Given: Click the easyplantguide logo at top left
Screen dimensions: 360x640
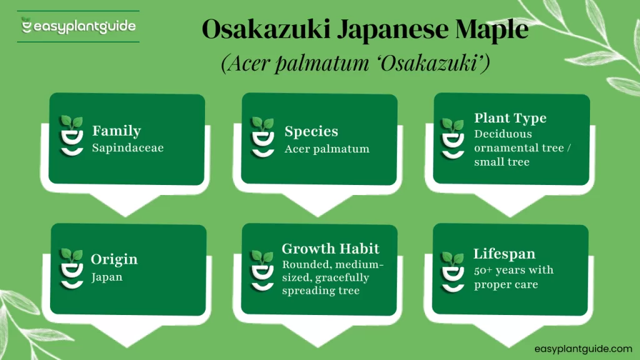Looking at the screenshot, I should click(x=78, y=27).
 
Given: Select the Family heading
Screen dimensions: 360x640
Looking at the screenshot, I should click(x=116, y=131).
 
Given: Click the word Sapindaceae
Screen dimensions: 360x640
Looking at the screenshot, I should click(x=127, y=149).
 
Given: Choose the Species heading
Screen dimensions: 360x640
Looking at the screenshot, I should click(x=311, y=132).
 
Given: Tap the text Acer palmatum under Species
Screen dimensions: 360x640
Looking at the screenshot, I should click(x=326, y=149).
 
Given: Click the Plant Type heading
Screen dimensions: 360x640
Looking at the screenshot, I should click(x=510, y=118).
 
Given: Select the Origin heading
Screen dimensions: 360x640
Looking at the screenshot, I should click(x=114, y=259).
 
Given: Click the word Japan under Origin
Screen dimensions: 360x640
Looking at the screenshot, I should click(x=107, y=277).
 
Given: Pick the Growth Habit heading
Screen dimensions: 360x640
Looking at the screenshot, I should click(x=330, y=249).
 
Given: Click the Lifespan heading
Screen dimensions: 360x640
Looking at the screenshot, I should click(x=504, y=254).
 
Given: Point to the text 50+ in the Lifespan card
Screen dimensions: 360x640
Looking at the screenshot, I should click(x=482, y=270).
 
